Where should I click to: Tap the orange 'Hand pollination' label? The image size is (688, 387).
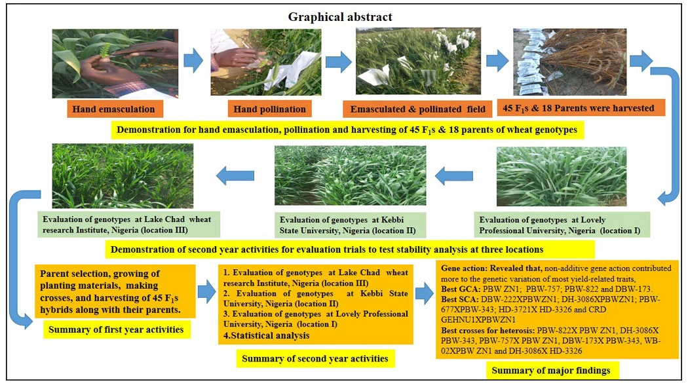[269, 109]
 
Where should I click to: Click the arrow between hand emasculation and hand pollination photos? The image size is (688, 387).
[193, 62]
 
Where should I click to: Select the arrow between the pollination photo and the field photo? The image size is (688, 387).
[339, 62]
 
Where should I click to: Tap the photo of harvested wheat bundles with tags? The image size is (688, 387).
[569, 62]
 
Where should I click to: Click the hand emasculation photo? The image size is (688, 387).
[115, 63]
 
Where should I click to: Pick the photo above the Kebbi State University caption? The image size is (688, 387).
[350, 175]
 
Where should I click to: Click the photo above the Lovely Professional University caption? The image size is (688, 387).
[562, 176]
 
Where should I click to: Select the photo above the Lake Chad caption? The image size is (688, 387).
[123, 175]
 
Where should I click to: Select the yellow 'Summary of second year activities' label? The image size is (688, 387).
[315, 358]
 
